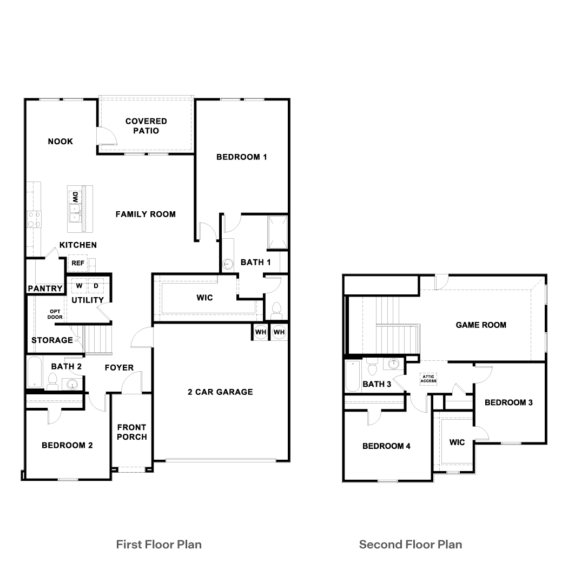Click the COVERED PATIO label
click(146, 126)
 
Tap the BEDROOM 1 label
click(242, 157)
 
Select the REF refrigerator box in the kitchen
click(76, 263)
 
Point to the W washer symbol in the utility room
click(79, 285)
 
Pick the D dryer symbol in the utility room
click(95, 285)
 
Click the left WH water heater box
click(260, 332)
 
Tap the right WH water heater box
click(279, 332)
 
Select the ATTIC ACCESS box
click(428, 379)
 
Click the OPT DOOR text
click(55, 314)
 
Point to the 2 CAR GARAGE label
click(220, 392)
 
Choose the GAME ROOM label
click(481, 325)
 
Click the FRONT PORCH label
click(132, 432)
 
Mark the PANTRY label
click(45, 288)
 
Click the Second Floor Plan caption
click(411, 544)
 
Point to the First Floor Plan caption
click(159, 544)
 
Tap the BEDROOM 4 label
click(386, 446)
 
